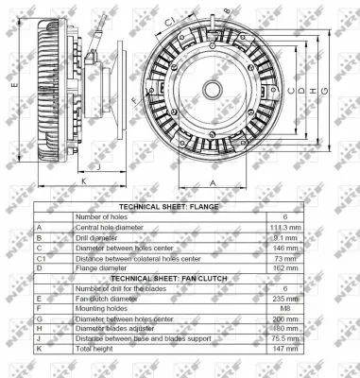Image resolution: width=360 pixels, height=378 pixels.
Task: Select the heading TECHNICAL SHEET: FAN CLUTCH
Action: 168,279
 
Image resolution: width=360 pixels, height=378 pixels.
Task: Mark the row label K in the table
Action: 40,349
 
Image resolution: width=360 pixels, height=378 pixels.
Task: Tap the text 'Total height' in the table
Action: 95,349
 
